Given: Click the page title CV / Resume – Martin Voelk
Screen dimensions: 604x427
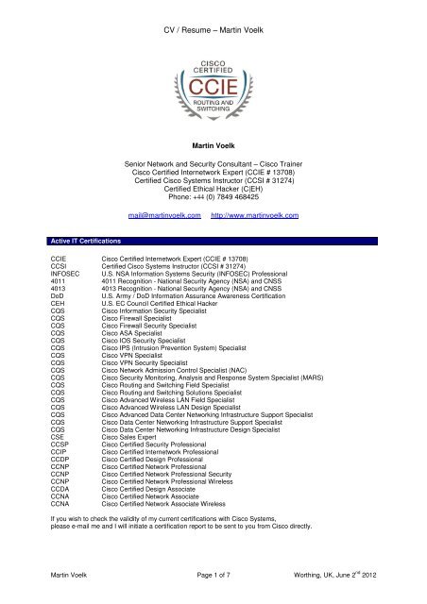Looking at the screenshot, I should pos(213,10).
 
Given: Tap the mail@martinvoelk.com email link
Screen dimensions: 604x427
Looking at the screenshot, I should pos(166,216).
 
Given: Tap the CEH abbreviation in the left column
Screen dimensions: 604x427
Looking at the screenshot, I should pos(33,312).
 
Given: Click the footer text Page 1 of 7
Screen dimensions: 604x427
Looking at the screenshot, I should pos(213,588).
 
